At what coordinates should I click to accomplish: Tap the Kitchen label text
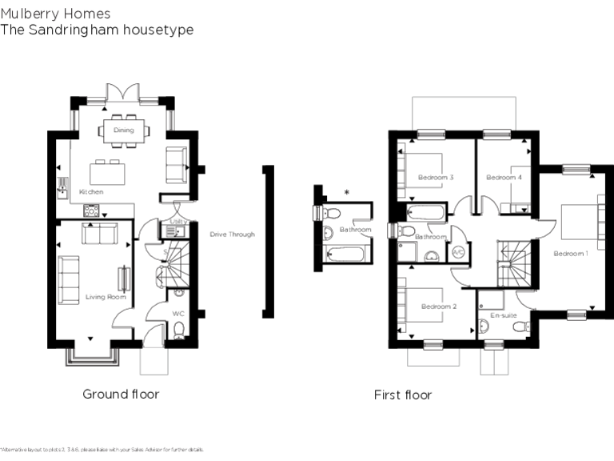[x=91, y=193]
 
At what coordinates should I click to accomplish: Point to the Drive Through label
[x=232, y=235]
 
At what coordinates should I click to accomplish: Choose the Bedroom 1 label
[x=571, y=254]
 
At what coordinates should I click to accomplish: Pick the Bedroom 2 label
[x=438, y=307]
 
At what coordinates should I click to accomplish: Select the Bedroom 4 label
[x=504, y=177]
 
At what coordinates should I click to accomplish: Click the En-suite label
[x=503, y=315]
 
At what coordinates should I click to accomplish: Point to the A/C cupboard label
[x=458, y=252]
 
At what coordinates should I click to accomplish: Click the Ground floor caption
[x=121, y=395]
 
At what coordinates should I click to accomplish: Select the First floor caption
[x=403, y=395]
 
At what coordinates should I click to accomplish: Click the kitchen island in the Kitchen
[x=106, y=172]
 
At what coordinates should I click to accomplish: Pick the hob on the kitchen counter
[x=91, y=211]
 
